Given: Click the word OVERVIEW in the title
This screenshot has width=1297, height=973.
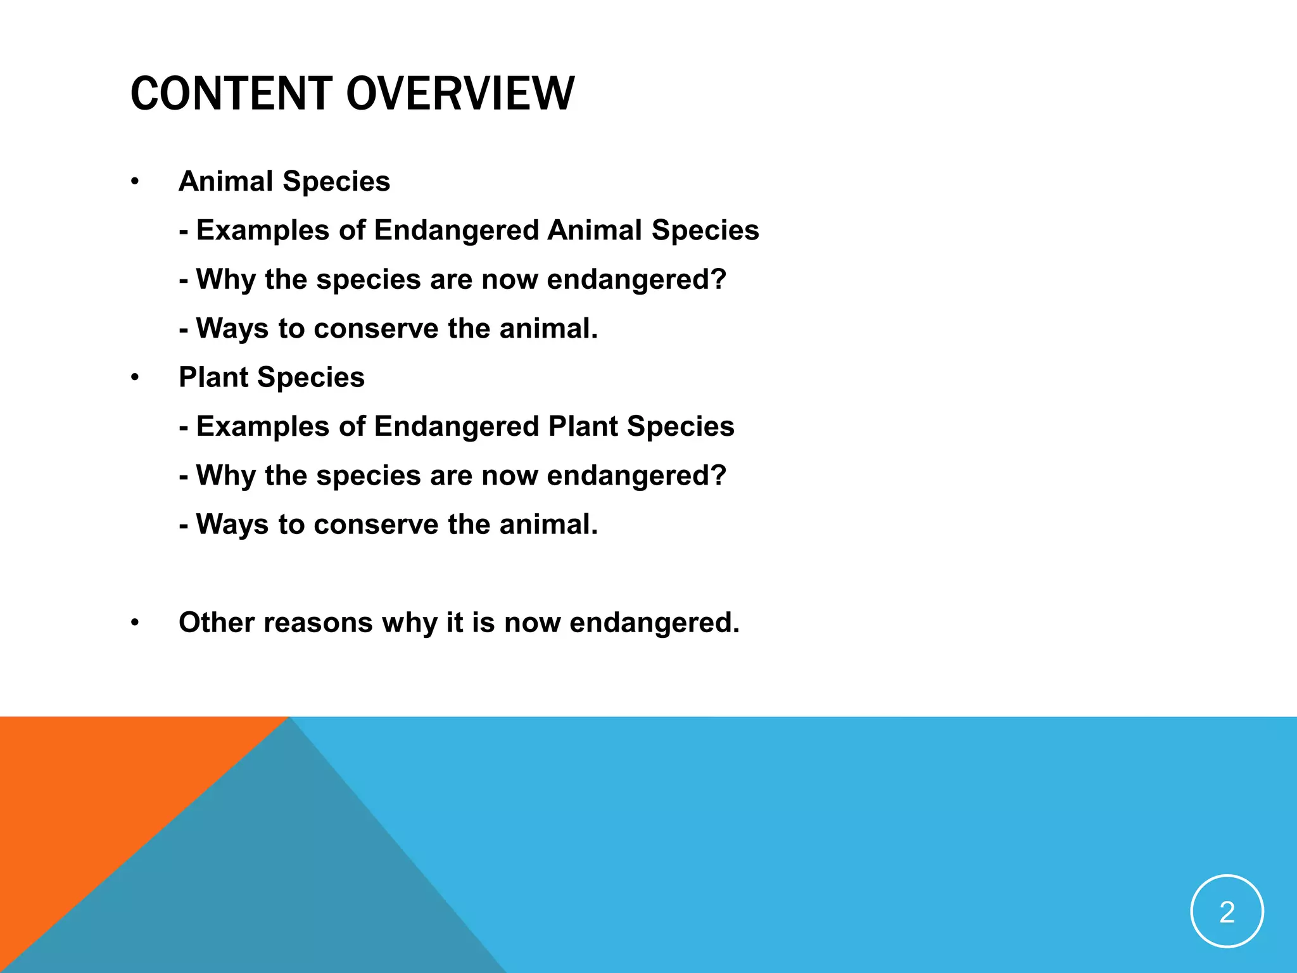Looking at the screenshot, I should (x=460, y=94).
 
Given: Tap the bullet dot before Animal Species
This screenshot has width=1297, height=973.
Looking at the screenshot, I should (x=134, y=182).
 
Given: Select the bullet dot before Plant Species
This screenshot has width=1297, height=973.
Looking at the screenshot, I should (x=134, y=378).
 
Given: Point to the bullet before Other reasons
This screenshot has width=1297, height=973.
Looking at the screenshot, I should (x=134, y=623).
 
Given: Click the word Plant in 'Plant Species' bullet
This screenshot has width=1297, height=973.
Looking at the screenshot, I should (x=213, y=378).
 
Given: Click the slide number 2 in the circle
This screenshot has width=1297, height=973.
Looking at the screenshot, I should (x=1227, y=912).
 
